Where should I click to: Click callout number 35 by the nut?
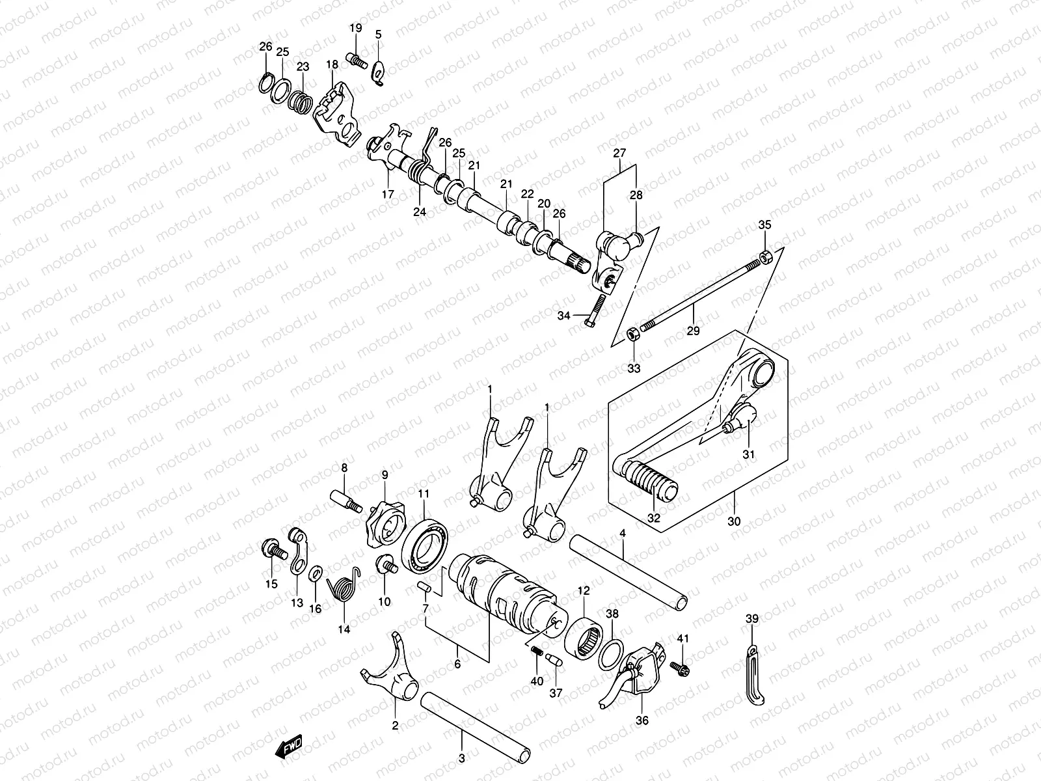[x=765, y=226]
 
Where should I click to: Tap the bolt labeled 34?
[x=595, y=312]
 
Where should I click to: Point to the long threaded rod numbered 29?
[x=703, y=292]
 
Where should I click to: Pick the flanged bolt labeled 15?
[x=273, y=550]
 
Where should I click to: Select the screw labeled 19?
[x=354, y=59]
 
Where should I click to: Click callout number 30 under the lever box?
[x=735, y=522]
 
